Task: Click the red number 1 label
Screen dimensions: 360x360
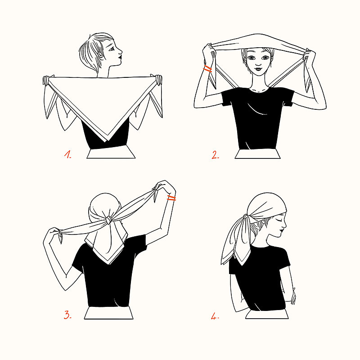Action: point(67,154)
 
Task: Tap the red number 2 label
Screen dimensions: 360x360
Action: point(215,155)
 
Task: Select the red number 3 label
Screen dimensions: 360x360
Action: point(67,315)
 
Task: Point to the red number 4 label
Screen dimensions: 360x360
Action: point(215,316)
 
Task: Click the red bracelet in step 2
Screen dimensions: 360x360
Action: point(208,69)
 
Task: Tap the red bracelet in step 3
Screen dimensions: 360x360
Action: point(171,198)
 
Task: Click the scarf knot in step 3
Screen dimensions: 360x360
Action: point(109,220)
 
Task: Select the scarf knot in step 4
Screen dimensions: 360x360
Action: point(246,217)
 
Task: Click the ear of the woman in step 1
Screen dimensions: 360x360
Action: point(100,55)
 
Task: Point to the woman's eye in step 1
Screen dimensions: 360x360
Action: point(112,49)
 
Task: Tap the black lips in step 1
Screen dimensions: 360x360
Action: point(120,56)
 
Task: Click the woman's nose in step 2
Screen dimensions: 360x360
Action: point(258,63)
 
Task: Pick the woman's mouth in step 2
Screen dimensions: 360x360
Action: point(258,68)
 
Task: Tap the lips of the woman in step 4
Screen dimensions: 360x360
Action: point(282,229)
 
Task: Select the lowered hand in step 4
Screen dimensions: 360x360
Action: point(293,297)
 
